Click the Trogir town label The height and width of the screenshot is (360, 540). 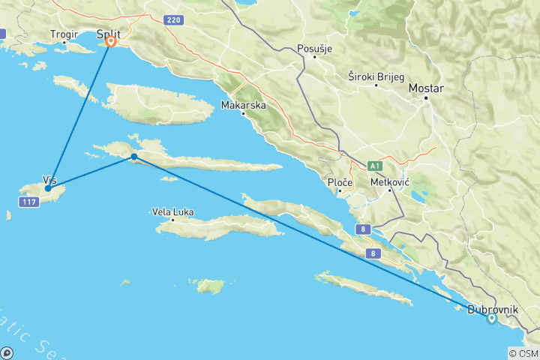click(x=63, y=34)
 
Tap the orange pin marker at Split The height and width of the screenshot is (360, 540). click(x=111, y=42)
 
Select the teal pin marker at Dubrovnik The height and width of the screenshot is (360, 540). click(x=491, y=318)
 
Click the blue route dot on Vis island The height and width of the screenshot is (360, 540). click(x=47, y=188)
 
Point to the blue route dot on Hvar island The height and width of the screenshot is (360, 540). click(x=133, y=157)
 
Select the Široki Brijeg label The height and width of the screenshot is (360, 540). click(x=376, y=76)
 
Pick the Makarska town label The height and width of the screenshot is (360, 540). click(x=244, y=106)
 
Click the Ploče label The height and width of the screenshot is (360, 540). click(x=340, y=182)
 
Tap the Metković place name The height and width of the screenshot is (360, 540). click(x=390, y=181)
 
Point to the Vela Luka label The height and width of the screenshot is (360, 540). click(x=172, y=212)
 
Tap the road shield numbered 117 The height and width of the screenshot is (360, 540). click(x=29, y=203)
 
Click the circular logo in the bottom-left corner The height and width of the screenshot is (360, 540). click(x=7, y=352)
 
